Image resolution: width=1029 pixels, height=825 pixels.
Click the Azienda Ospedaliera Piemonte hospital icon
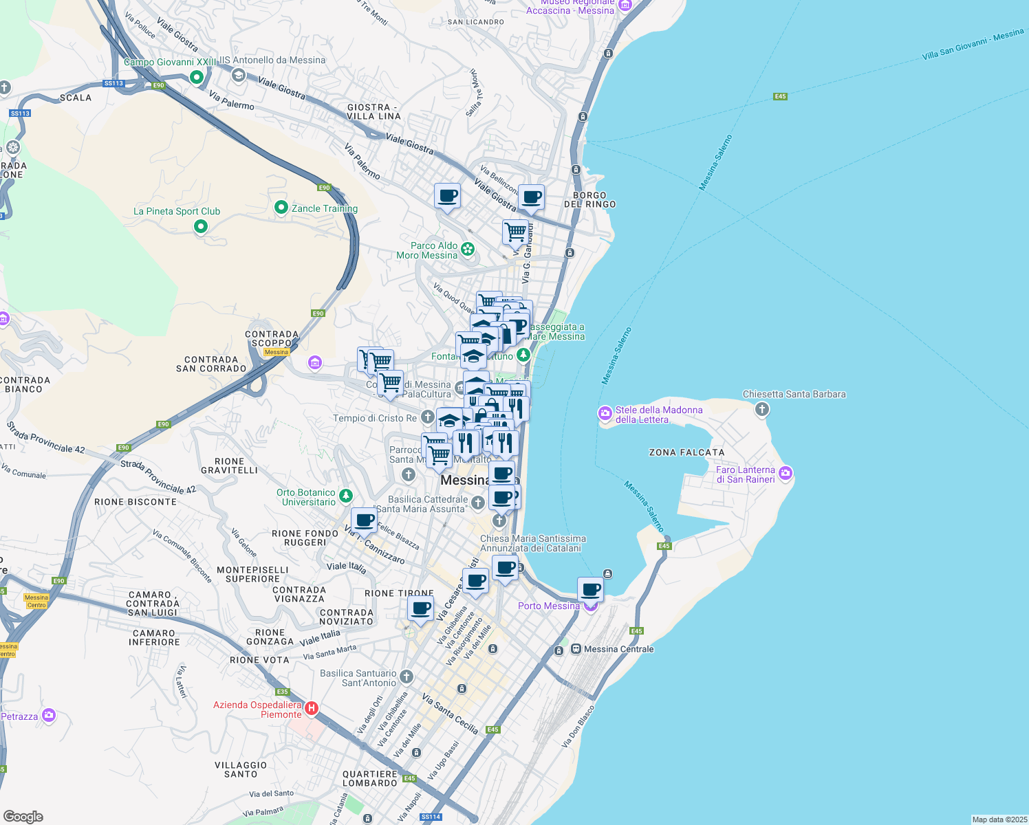(312, 707)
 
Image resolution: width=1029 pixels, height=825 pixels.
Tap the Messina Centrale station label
(618, 649)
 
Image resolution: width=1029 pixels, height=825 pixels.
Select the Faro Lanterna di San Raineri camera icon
(786, 473)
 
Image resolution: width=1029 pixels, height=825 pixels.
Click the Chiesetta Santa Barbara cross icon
(761, 410)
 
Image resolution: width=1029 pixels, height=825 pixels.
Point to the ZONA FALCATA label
(686, 452)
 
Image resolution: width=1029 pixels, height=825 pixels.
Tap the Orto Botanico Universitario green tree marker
(346, 496)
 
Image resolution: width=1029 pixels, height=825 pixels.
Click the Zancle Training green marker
(281, 207)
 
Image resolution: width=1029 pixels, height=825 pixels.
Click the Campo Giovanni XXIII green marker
(197, 77)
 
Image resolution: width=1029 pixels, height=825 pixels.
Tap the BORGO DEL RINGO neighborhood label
(589, 200)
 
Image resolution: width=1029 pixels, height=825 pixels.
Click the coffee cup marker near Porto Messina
(590, 589)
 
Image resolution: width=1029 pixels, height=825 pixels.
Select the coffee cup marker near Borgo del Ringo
(531, 197)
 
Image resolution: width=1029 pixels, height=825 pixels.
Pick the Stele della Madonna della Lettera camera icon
(605, 413)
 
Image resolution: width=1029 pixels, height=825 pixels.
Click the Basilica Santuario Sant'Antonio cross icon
(407, 676)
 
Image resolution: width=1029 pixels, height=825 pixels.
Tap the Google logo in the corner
(23, 817)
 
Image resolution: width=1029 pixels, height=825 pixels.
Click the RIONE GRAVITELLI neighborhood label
(229, 466)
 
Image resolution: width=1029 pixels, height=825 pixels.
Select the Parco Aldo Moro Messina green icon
(468, 249)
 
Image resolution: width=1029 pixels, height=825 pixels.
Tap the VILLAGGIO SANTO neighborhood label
(241, 769)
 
